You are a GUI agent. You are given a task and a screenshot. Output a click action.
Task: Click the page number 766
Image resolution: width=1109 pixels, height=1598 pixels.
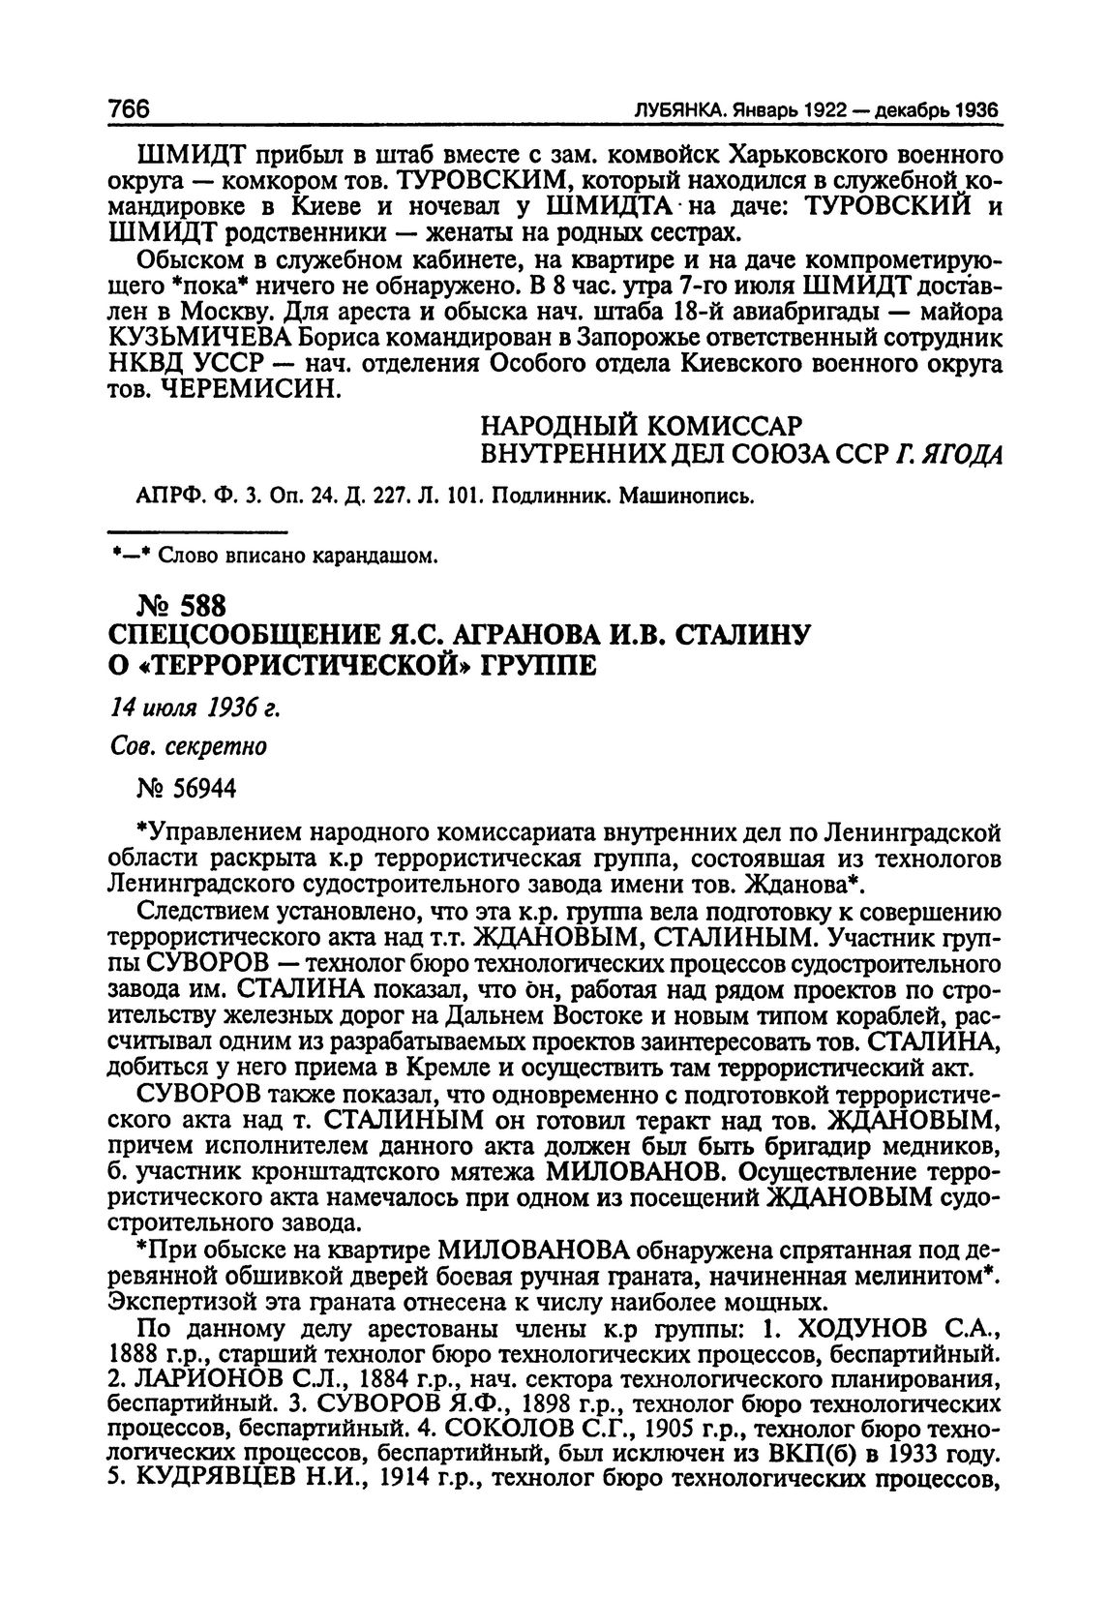click(x=133, y=109)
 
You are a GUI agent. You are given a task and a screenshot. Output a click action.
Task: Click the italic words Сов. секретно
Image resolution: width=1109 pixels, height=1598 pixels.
click(x=202, y=748)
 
